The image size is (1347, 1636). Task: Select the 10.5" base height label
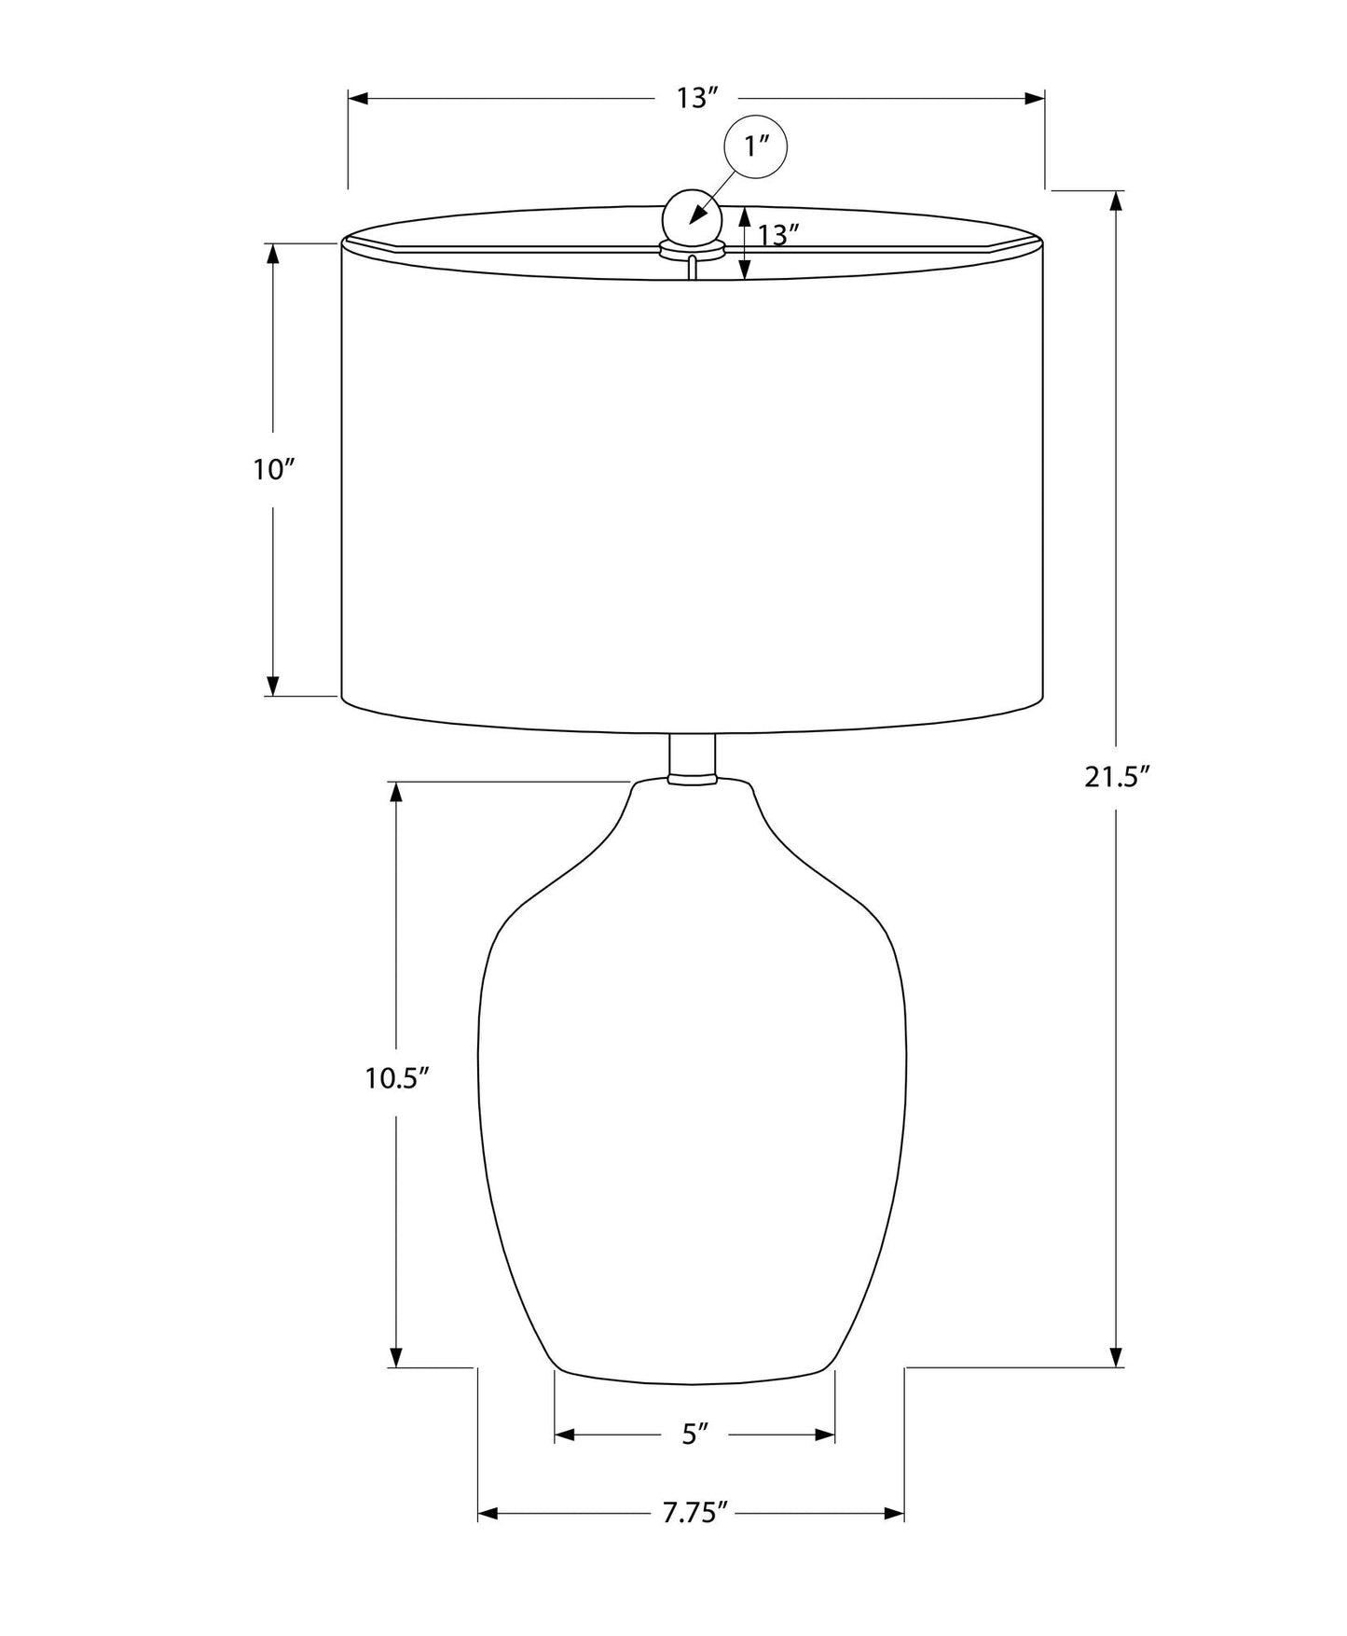(396, 1078)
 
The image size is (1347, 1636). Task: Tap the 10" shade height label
(273, 470)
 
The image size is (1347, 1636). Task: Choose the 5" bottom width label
(695, 1435)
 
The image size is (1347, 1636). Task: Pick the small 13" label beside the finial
(779, 235)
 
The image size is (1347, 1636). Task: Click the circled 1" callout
(756, 146)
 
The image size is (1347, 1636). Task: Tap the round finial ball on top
(692, 217)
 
